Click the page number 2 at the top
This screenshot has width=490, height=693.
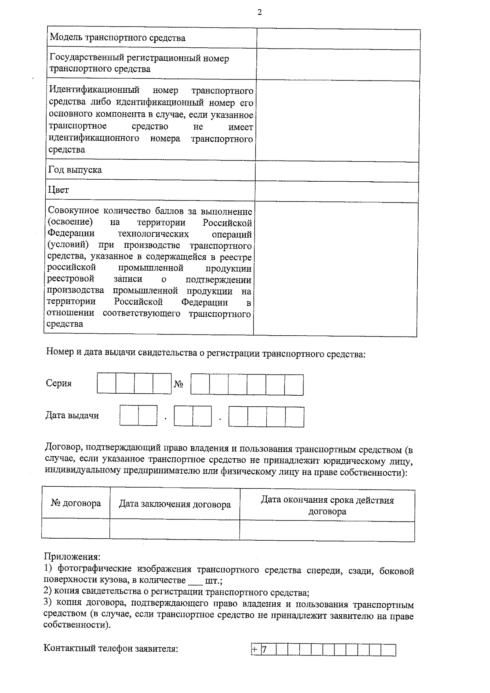[x=259, y=12]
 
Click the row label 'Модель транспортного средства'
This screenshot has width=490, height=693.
[x=118, y=38]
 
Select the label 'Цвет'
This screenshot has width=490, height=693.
[x=59, y=190]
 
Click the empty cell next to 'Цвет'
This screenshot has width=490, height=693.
[x=337, y=192]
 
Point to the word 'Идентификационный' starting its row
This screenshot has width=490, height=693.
[x=94, y=90]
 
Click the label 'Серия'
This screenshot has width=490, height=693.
[x=59, y=383]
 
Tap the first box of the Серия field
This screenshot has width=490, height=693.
[x=107, y=383]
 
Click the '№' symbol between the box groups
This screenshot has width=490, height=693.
[x=179, y=384]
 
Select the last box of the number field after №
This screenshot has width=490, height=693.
[x=294, y=385]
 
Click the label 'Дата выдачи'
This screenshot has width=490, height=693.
[x=72, y=416]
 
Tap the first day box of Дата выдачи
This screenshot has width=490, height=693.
[x=129, y=416]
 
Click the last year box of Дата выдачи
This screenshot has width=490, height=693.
[x=294, y=417]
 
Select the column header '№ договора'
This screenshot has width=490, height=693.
[x=76, y=503]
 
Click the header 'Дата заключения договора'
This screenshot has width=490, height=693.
[x=175, y=504]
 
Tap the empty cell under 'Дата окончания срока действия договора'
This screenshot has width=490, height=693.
[x=327, y=530]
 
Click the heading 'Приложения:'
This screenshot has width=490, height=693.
[x=72, y=557]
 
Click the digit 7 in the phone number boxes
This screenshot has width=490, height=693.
[x=264, y=650]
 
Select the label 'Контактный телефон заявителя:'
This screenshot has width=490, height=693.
[x=111, y=648]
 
